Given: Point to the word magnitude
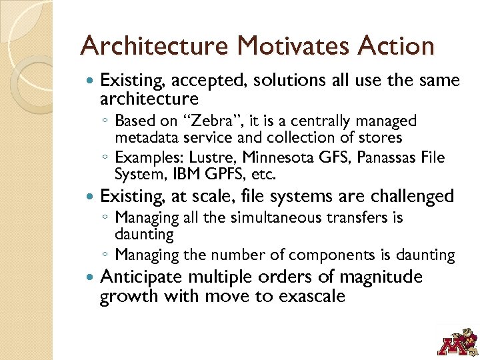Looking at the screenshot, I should (381, 277).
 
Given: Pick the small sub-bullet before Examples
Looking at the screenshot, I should (107, 158).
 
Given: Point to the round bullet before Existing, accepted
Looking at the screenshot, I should (91, 81).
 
